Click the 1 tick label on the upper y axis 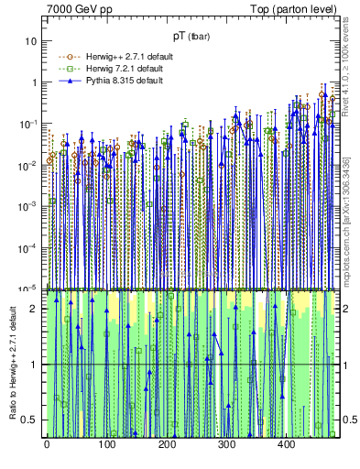tap(35, 82)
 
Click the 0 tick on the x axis tap(47, 445)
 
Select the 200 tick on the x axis tap(167, 445)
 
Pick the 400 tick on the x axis tap(287, 445)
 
